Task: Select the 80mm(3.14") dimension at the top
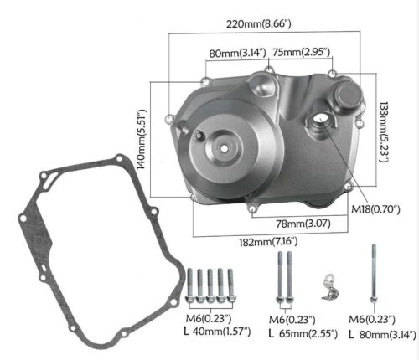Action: coord(237,53)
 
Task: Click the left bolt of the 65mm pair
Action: coord(274,281)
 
